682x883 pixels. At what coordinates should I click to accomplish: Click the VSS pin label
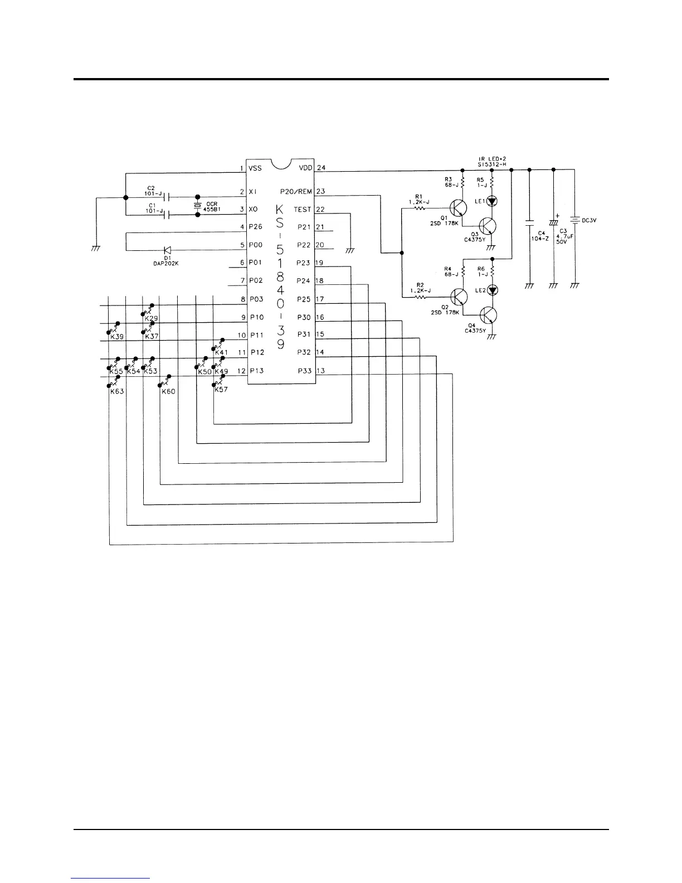point(255,168)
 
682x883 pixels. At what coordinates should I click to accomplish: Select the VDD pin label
point(305,168)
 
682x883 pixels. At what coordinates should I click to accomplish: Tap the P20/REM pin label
point(296,192)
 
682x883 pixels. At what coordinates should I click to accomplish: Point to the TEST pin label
point(303,210)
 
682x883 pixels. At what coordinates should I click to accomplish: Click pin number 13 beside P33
point(320,371)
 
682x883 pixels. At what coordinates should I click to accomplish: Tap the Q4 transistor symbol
point(488,316)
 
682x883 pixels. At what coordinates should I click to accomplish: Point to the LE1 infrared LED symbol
point(492,201)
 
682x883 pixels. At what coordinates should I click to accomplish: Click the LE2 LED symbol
point(492,290)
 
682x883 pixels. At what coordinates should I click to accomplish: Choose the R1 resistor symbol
point(421,208)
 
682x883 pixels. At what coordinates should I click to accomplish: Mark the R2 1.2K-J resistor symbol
point(421,298)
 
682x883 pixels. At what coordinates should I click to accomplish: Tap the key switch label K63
point(116,391)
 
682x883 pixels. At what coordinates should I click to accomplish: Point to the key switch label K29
point(151,318)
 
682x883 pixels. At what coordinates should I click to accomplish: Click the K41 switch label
point(221,352)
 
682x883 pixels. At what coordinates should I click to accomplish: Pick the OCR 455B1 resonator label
point(213,207)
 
